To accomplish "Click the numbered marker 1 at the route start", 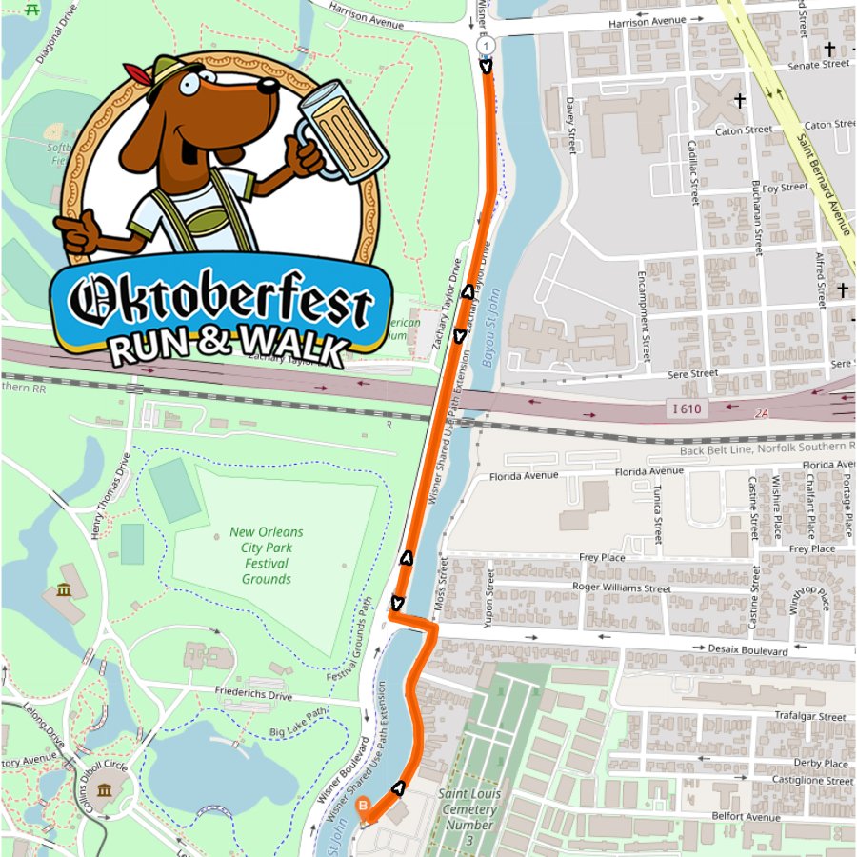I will [x=487, y=46].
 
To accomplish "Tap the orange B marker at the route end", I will [x=363, y=807].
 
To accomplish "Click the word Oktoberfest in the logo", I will [x=221, y=304].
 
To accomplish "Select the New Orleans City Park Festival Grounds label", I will [x=266, y=555].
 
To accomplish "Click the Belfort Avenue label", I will [x=747, y=816].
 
